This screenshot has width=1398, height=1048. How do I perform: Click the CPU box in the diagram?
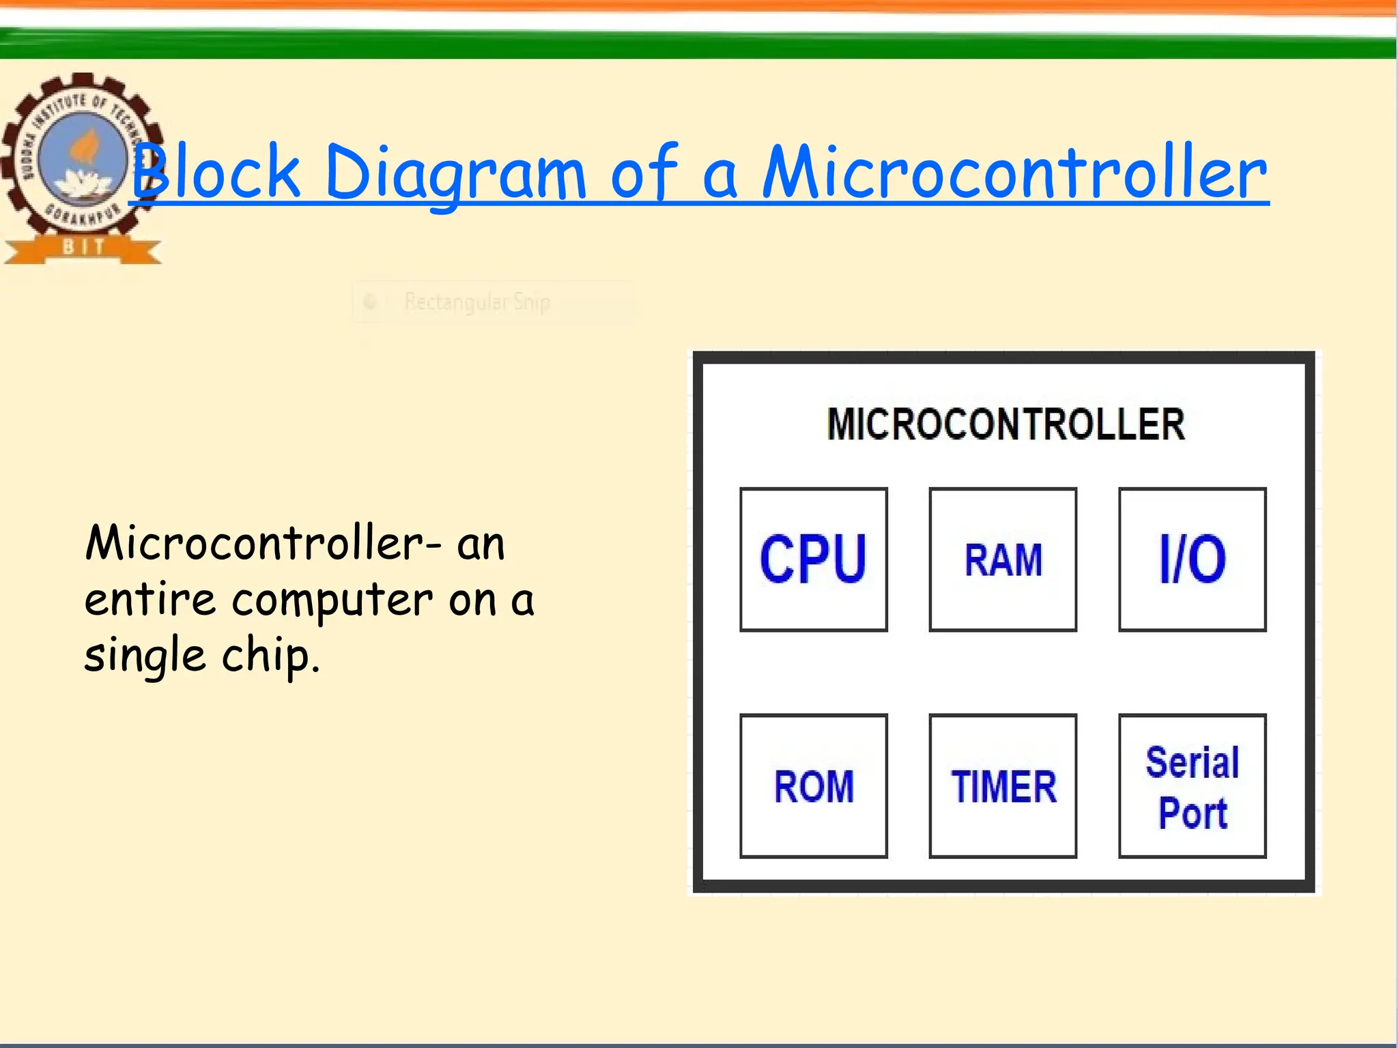(x=813, y=559)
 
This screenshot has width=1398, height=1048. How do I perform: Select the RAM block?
(x=1003, y=559)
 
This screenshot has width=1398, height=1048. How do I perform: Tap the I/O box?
(x=1192, y=559)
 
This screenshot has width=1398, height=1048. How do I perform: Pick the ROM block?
(x=813, y=785)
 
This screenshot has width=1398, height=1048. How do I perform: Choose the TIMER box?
(x=1003, y=785)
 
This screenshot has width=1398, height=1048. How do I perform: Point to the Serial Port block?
(x=1192, y=785)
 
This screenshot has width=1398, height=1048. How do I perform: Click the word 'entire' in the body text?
(x=150, y=599)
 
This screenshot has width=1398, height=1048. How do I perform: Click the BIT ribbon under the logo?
(x=83, y=247)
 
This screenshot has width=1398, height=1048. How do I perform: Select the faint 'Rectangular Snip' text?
(x=477, y=302)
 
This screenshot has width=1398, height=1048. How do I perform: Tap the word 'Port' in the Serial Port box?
(x=1193, y=813)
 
